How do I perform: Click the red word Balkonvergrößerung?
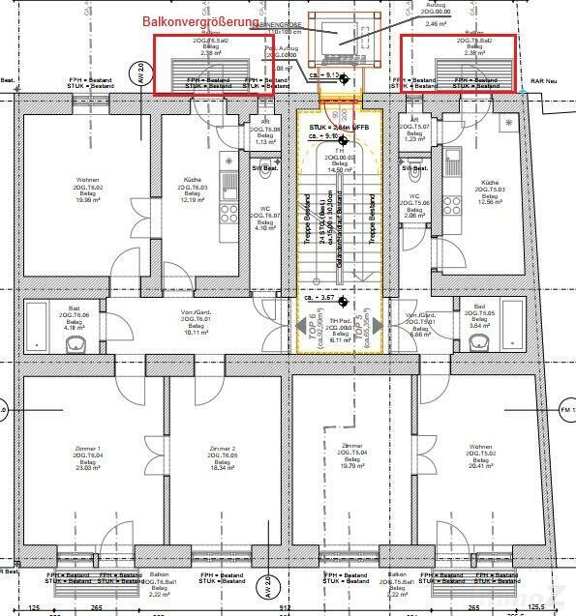(x=200, y=21)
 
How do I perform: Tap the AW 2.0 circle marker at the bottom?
(x=267, y=586)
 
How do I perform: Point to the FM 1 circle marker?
(x=567, y=410)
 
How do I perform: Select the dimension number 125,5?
(x=536, y=607)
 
